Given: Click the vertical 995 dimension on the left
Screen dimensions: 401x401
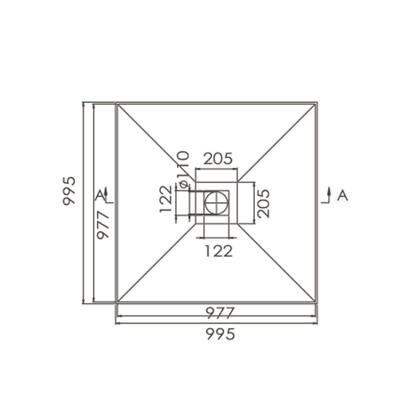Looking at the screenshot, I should [x=69, y=191].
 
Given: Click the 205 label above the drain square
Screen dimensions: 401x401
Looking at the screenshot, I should [x=218, y=159].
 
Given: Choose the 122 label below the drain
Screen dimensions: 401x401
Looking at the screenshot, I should [x=218, y=251].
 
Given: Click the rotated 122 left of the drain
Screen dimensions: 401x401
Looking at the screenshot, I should [x=166, y=199].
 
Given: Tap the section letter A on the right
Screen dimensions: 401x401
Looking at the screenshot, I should [x=343, y=195].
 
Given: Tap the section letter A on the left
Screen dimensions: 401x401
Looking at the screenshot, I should [x=99, y=195].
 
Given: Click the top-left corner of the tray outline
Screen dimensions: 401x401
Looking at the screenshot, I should [x=116, y=103].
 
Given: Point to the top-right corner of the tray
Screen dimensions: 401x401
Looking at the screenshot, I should [x=316, y=103].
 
